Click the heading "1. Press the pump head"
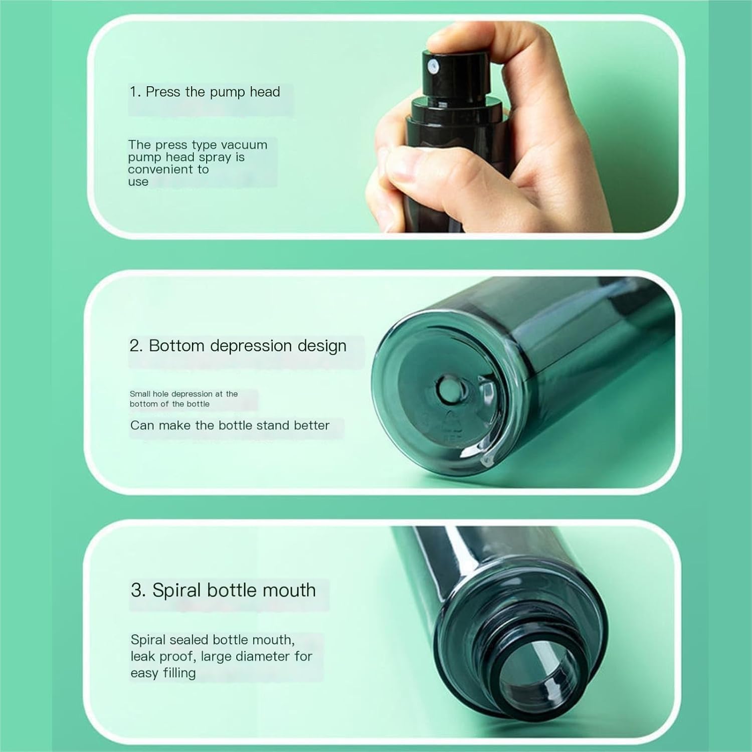click(x=205, y=92)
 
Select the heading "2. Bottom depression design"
click(x=238, y=346)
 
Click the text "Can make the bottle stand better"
click(x=230, y=426)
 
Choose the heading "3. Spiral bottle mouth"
click(x=223, y=590)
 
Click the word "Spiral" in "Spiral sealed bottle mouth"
click(x=148, y=640)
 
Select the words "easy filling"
click(x=163, y=673)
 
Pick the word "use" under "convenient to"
click(x=138, y=182)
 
